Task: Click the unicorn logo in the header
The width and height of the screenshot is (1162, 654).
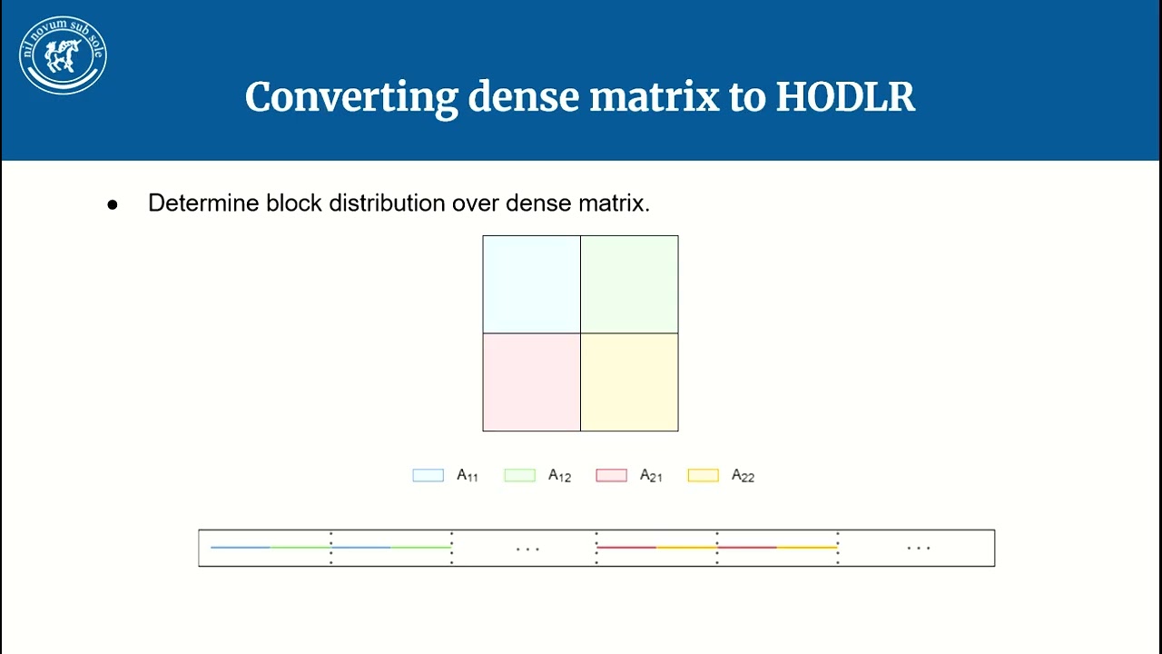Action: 63,55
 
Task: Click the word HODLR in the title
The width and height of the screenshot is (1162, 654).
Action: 845,97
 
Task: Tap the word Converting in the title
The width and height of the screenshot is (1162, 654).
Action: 350,97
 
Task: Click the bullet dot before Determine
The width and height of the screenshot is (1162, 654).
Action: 113,204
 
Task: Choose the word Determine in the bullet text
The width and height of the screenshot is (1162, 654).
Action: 203,203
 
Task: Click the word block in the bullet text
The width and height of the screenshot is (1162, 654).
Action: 293,203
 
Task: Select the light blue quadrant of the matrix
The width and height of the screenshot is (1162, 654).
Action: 531,284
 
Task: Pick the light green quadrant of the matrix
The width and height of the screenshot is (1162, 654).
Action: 629,284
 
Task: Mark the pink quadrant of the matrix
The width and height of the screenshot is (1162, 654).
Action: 531,382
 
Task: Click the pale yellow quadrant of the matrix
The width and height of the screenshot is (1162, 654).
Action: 629,382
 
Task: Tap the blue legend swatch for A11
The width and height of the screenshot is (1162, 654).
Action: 428,475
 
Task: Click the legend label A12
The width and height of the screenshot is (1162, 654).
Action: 559,475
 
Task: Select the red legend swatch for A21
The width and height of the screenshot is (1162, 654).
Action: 611,475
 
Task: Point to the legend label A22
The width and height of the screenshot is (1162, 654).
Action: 743,475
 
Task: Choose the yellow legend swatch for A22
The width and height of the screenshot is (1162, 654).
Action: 703,475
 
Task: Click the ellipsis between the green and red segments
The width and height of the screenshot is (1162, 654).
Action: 527,549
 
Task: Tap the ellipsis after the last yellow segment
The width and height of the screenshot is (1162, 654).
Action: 919,548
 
